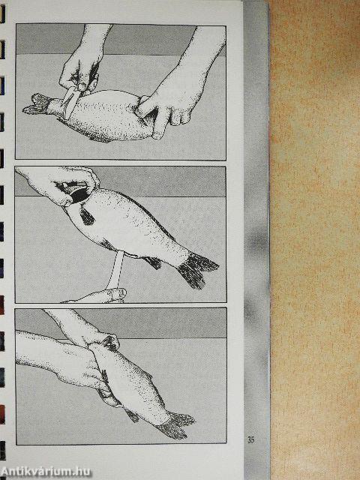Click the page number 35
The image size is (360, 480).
pos(250,440)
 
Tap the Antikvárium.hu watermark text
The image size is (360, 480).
pos(46,472)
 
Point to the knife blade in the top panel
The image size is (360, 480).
pos(69,103)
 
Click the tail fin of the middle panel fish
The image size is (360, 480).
pos(196,269)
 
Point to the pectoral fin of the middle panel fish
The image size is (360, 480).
pos(86,215)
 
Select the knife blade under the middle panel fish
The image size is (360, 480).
pos(115,269)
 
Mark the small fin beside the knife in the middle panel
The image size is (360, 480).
pos(152,262)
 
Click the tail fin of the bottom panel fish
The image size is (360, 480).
pos(176,425)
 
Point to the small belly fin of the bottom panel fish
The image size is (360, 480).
pos(132,415)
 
